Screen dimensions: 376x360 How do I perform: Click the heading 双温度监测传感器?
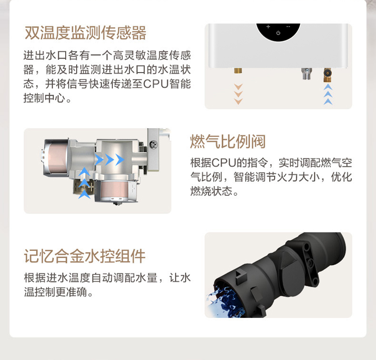point(86,33)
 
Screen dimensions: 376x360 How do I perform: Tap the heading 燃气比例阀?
point(228,141)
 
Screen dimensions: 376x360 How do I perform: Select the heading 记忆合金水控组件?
point(85,256)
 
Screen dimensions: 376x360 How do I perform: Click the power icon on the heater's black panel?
point(278,33)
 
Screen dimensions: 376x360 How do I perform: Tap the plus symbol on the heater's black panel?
point(268,27)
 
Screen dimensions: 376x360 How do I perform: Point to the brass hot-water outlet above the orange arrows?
point(238,71)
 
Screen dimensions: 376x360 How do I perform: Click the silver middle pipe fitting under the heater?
point(307,74)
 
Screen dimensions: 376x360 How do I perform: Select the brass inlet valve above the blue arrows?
point(327,75)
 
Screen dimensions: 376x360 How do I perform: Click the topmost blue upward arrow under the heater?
point(328,87)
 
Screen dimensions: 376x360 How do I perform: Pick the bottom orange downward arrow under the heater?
point(238,102)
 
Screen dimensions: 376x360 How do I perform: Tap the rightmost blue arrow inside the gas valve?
point(120,160)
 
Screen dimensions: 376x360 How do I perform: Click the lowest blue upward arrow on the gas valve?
point(84,194)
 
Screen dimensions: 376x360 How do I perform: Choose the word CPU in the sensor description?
point(156,84)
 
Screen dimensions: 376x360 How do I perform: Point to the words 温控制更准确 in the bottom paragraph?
point(56,292)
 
